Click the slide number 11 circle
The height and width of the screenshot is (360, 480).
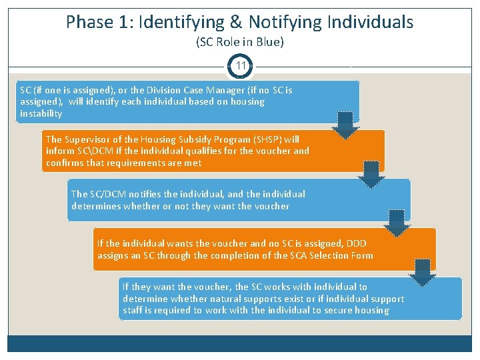pyautogui.click(x=240, y=67)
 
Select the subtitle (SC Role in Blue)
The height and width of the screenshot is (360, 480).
pyautogui.click(x=240, y=42)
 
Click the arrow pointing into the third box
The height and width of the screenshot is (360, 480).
pyautogui.click(x=371, y=175)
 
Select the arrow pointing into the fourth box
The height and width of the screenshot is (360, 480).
pyautogui.click(x=397, y=223)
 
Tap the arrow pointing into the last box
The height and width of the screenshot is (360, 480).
pyautogui.click(x=422, y=272)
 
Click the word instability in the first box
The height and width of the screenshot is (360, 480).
pyautogui.click(x=41, y=113)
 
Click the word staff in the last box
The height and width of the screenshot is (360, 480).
pyautogui.click(x=133, y=310)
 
